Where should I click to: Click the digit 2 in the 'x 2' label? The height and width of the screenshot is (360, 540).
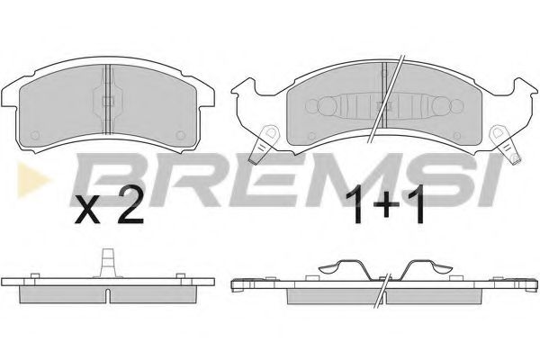coord(129,210)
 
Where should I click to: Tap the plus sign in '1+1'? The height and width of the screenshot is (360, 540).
coord(385,211)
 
